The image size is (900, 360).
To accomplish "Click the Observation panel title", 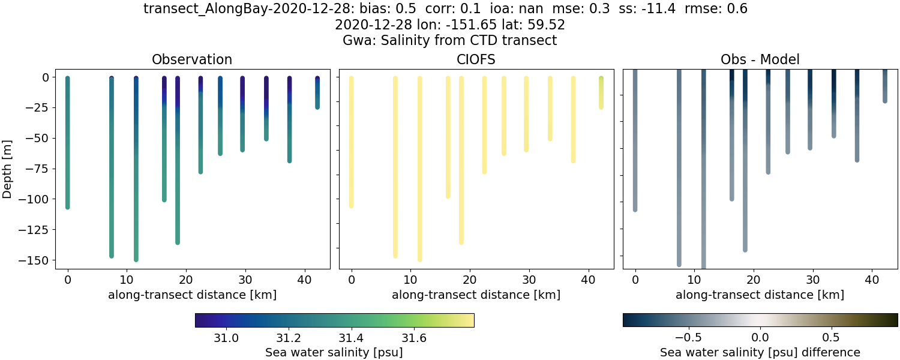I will coord(192,59).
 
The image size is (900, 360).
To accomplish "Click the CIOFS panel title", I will coord(476,59).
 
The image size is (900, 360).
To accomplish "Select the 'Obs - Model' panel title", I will coord(760,59).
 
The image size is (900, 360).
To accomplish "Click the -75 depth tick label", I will coord(42,169).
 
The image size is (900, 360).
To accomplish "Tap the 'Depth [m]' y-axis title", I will coord(8,169).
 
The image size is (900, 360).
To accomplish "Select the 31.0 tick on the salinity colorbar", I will coord(226,338).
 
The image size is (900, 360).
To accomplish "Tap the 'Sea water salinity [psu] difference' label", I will coord(760,352).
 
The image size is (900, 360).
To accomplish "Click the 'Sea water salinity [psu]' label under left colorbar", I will coord(334,352).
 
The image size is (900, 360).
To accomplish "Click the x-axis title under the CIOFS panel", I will coord(476,295).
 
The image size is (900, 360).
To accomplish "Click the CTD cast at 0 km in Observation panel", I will coord(67,144).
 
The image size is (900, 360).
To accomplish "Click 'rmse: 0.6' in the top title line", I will coord(713,9).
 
